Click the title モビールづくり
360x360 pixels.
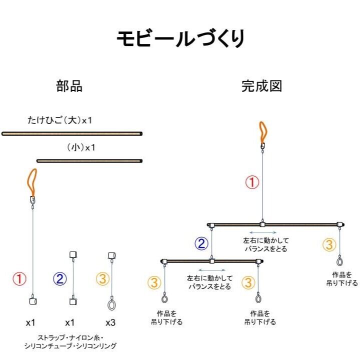click(x=180, y=38)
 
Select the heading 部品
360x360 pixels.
click(x=69, y=86)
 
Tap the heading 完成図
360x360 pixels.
click(x=261, y=86)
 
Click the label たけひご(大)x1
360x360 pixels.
click(x=59, y=120)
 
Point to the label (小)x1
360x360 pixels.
click(x=80, y=148)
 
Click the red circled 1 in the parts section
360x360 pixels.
click(x=19, y=279)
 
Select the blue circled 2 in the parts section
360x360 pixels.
click(x=59, y=279)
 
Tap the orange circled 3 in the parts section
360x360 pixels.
click(x=102, y=279)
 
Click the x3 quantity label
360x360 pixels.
click(x=111, y=322)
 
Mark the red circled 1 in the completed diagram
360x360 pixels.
click(x=252, y=182)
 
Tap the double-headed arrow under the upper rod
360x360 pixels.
click(x=262, y=232)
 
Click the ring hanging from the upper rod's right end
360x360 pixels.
click(x=340, y=261)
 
